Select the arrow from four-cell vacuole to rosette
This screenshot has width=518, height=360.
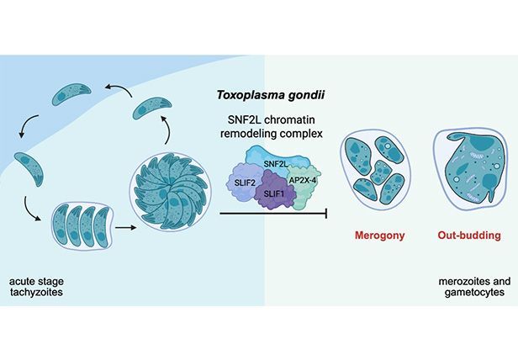[x=125, y=226]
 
